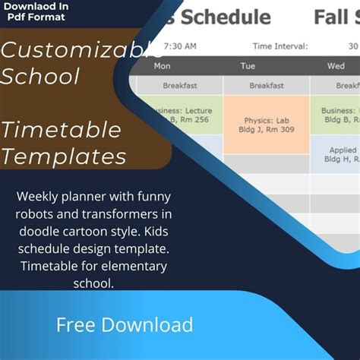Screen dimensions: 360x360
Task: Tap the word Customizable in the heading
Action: pos(80,52)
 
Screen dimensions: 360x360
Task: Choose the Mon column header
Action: pos(163,66)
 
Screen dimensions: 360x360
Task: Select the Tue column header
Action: pos(248,66)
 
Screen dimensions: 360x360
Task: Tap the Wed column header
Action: pos(336,66)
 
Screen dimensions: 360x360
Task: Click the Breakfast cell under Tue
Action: pos(267,86)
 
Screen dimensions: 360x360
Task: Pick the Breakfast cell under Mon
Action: pos(181,86)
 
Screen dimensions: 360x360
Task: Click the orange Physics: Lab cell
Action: pos(267,125)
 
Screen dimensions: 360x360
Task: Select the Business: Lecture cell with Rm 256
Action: pos(182,115)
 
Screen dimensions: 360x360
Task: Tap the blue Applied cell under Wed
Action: pos(342,155)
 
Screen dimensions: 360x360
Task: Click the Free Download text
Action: pos(125,325)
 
